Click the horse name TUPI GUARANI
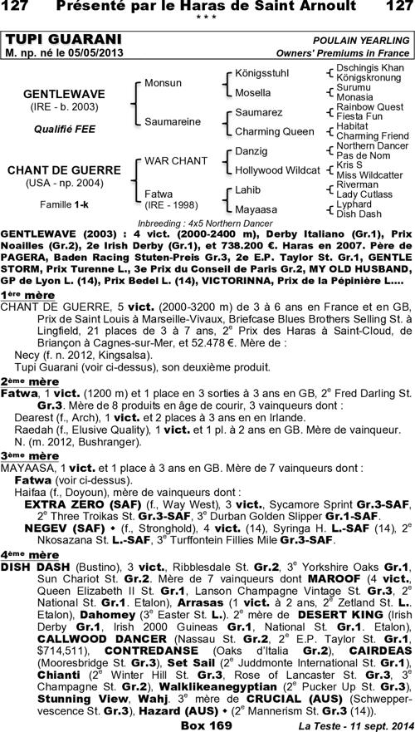click(63, 40)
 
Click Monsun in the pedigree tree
click(163, 84)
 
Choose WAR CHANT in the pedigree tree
click(176, 160)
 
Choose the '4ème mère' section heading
click(25, 553)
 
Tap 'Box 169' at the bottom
click(207, 725)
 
